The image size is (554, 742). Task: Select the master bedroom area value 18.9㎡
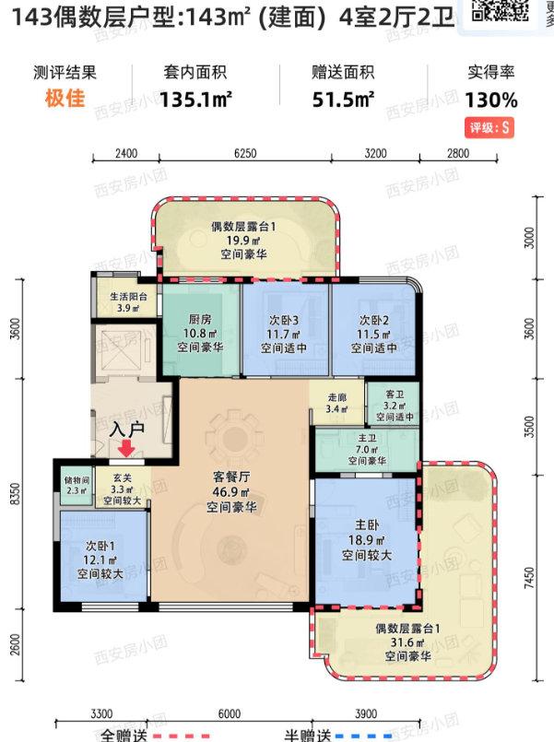point(367,541)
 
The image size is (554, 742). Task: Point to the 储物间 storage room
point(77,480)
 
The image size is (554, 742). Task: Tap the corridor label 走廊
point(337,398)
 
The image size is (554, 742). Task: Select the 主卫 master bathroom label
point(366,438)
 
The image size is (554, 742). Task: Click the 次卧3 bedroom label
point(282,321)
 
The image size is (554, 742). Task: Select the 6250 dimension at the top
point(245,154)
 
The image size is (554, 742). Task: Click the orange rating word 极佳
point(64,100)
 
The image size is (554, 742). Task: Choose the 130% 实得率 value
point(491,100)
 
